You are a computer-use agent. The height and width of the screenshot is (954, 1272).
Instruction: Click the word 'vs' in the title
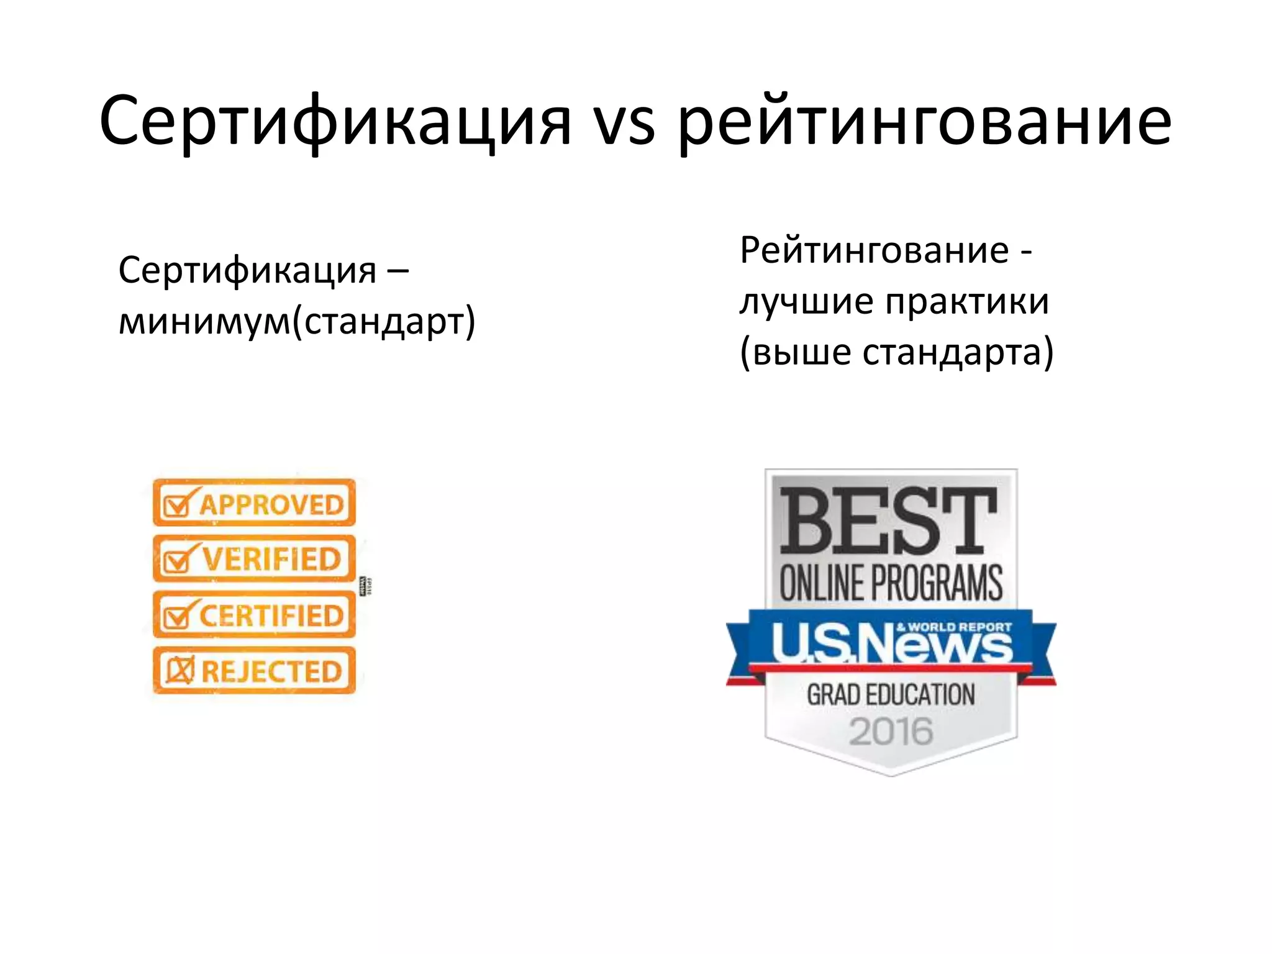coord(624,122)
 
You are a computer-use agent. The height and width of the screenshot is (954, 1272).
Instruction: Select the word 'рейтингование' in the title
coord(924,122)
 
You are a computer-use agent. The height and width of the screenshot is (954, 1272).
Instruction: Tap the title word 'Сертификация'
coord(335,122)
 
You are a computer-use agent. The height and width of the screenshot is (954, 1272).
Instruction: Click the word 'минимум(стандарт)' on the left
coord(297,322)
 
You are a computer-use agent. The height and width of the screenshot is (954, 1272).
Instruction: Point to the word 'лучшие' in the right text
coord(806,302)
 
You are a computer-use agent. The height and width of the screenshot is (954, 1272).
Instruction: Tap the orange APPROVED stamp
coord(254,502)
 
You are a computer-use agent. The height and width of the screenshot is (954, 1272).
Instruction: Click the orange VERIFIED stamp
coord(254,558)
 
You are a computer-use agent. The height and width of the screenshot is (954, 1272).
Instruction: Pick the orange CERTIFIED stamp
coord(254,615)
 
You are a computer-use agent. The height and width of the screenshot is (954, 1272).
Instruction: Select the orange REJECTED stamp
coord(254,671)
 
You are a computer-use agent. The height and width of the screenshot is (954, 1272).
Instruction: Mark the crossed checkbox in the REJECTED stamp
coord(179,671)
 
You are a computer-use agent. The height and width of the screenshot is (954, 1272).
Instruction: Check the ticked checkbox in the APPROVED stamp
coord(178,506)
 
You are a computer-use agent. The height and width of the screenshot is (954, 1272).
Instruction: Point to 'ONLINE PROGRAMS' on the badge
coord(891,583)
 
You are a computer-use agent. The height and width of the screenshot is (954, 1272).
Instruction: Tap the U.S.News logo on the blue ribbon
coord(891,643)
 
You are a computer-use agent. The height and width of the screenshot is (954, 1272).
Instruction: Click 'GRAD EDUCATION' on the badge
coord(891,694)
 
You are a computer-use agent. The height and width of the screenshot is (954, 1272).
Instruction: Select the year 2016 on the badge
coord(891,731)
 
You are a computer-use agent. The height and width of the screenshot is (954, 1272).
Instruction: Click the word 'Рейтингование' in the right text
coord(874,251)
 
